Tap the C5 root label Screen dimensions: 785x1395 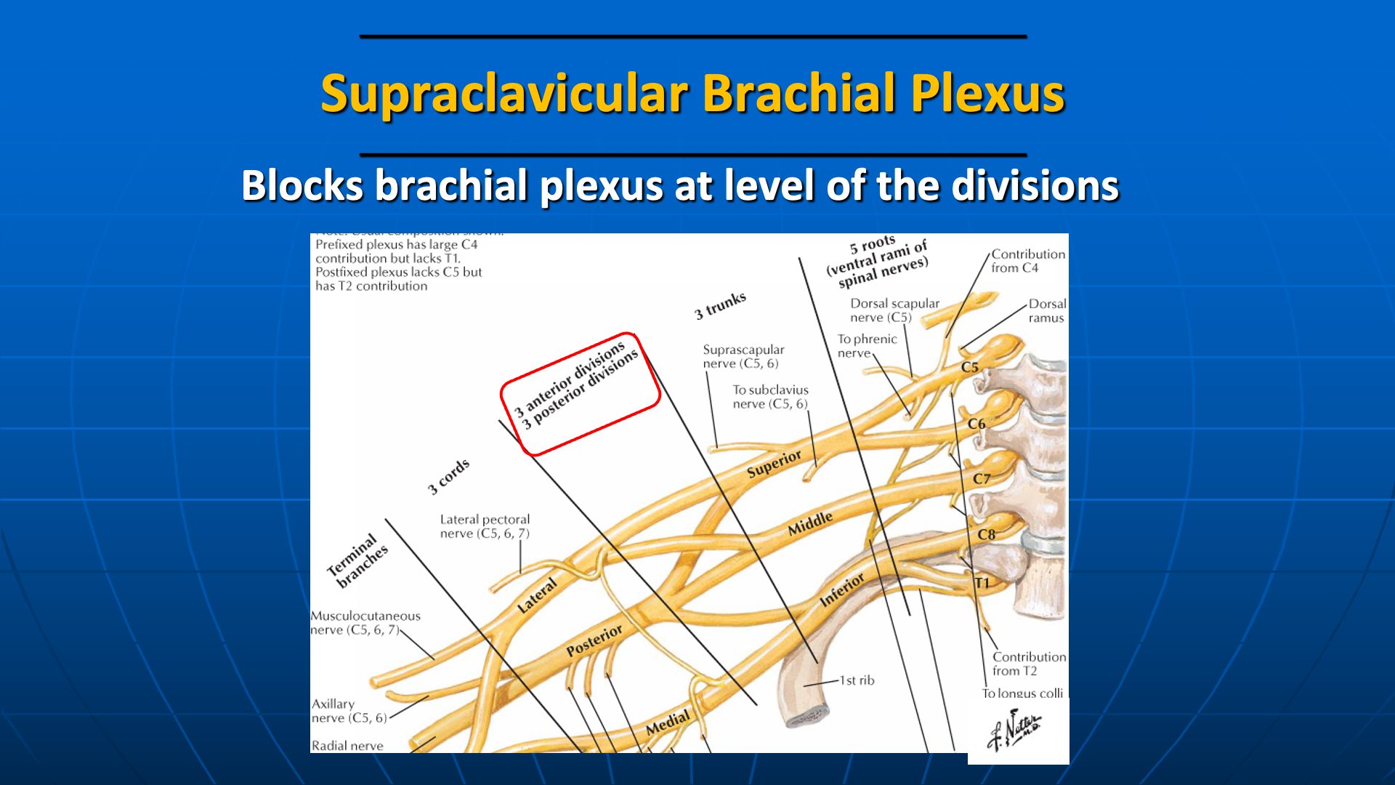click(x=970, y=367)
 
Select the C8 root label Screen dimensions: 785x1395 click(x=986, y=534)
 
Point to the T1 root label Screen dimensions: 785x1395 click(x=982, y=583)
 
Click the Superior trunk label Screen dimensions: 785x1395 click(x=774, y=464)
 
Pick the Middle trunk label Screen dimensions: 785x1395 click(x=810, y=523)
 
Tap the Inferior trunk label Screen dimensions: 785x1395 click(x=842, y=589)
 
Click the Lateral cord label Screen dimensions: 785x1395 click(x=537, y=595)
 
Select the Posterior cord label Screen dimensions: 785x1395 click(x=594, y=640)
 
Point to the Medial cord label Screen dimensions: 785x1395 click(x=667, y=723)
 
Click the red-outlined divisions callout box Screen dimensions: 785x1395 click(x=580, y=394)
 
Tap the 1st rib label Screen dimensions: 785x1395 click(x=857, y=680)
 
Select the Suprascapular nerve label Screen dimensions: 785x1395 click(x=743, y=356)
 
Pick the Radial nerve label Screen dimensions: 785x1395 click(x=347, y=746)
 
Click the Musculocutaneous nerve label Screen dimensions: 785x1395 click(x=365, y=623)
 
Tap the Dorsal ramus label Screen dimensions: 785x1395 click(x=1046, y=310)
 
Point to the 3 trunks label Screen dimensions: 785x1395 click(x=720, y=305)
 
